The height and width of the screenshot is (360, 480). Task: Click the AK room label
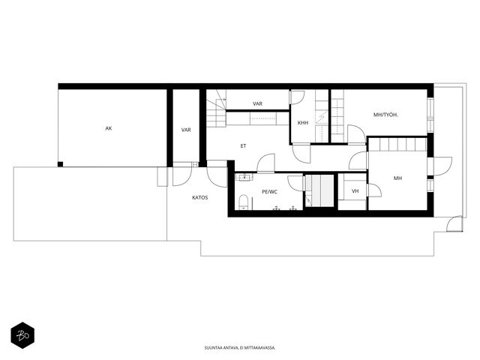[108, 128]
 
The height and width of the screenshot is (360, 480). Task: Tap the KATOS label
[200, 198]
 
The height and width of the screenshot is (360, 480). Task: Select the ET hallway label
[243, 146]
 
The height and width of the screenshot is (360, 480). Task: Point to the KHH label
[303, 123]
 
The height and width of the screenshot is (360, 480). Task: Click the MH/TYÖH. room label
[385, 115]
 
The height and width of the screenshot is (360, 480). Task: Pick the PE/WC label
[270, 192]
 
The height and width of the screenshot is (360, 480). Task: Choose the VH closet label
[355, 191]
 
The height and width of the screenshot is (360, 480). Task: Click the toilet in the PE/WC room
[244, 202]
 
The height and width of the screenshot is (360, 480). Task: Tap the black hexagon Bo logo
[22, 335]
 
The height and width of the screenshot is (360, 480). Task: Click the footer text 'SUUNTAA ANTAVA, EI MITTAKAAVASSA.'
[240, 348]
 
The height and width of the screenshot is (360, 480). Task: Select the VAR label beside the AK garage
[186, 130]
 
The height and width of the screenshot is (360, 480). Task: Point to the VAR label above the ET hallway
[257, 104]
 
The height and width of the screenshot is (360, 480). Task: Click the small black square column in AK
[60, 164]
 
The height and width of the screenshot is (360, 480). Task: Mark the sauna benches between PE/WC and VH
[319, 190]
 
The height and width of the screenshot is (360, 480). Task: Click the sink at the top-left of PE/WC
[244, 178]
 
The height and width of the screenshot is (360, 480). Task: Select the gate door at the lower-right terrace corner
[454, 223]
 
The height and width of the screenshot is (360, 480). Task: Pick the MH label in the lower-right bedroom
[397, 178]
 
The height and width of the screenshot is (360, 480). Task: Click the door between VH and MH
[374, 190]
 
